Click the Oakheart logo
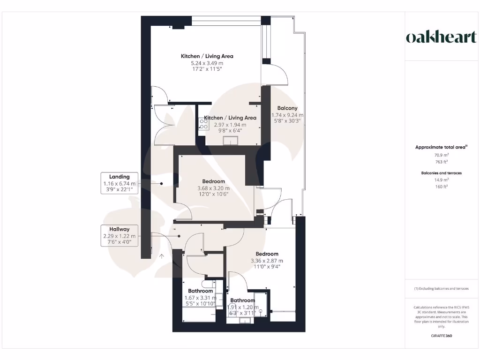441,37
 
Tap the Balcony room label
287,108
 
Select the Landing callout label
119,177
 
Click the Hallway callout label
119,229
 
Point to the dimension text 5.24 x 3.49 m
207,63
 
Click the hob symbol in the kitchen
204,124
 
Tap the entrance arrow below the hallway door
162,256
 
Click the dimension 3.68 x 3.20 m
213,188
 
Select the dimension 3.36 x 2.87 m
267,261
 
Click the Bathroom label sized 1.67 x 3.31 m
200,291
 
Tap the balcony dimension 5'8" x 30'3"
287,121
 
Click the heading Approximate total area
441,147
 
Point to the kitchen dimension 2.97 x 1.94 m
230,125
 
